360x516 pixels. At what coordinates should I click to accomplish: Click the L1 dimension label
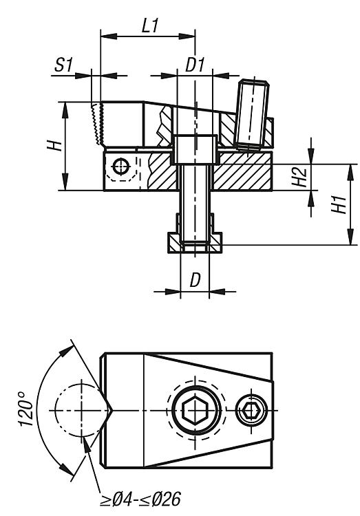point(150,25)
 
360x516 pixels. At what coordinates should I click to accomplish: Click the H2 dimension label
point(300,177)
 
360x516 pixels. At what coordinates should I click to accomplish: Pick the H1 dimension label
point(339,204)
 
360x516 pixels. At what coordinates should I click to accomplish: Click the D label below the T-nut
point(195,280)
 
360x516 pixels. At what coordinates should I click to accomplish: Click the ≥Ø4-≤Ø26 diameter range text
point(140,499)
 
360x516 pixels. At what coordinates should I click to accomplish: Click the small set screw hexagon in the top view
point(252,410)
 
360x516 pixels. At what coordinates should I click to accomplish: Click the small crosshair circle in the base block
point(121,166)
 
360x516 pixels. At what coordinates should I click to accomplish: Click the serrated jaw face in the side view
point(97,124)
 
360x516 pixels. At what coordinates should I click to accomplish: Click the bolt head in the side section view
point(195,149)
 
